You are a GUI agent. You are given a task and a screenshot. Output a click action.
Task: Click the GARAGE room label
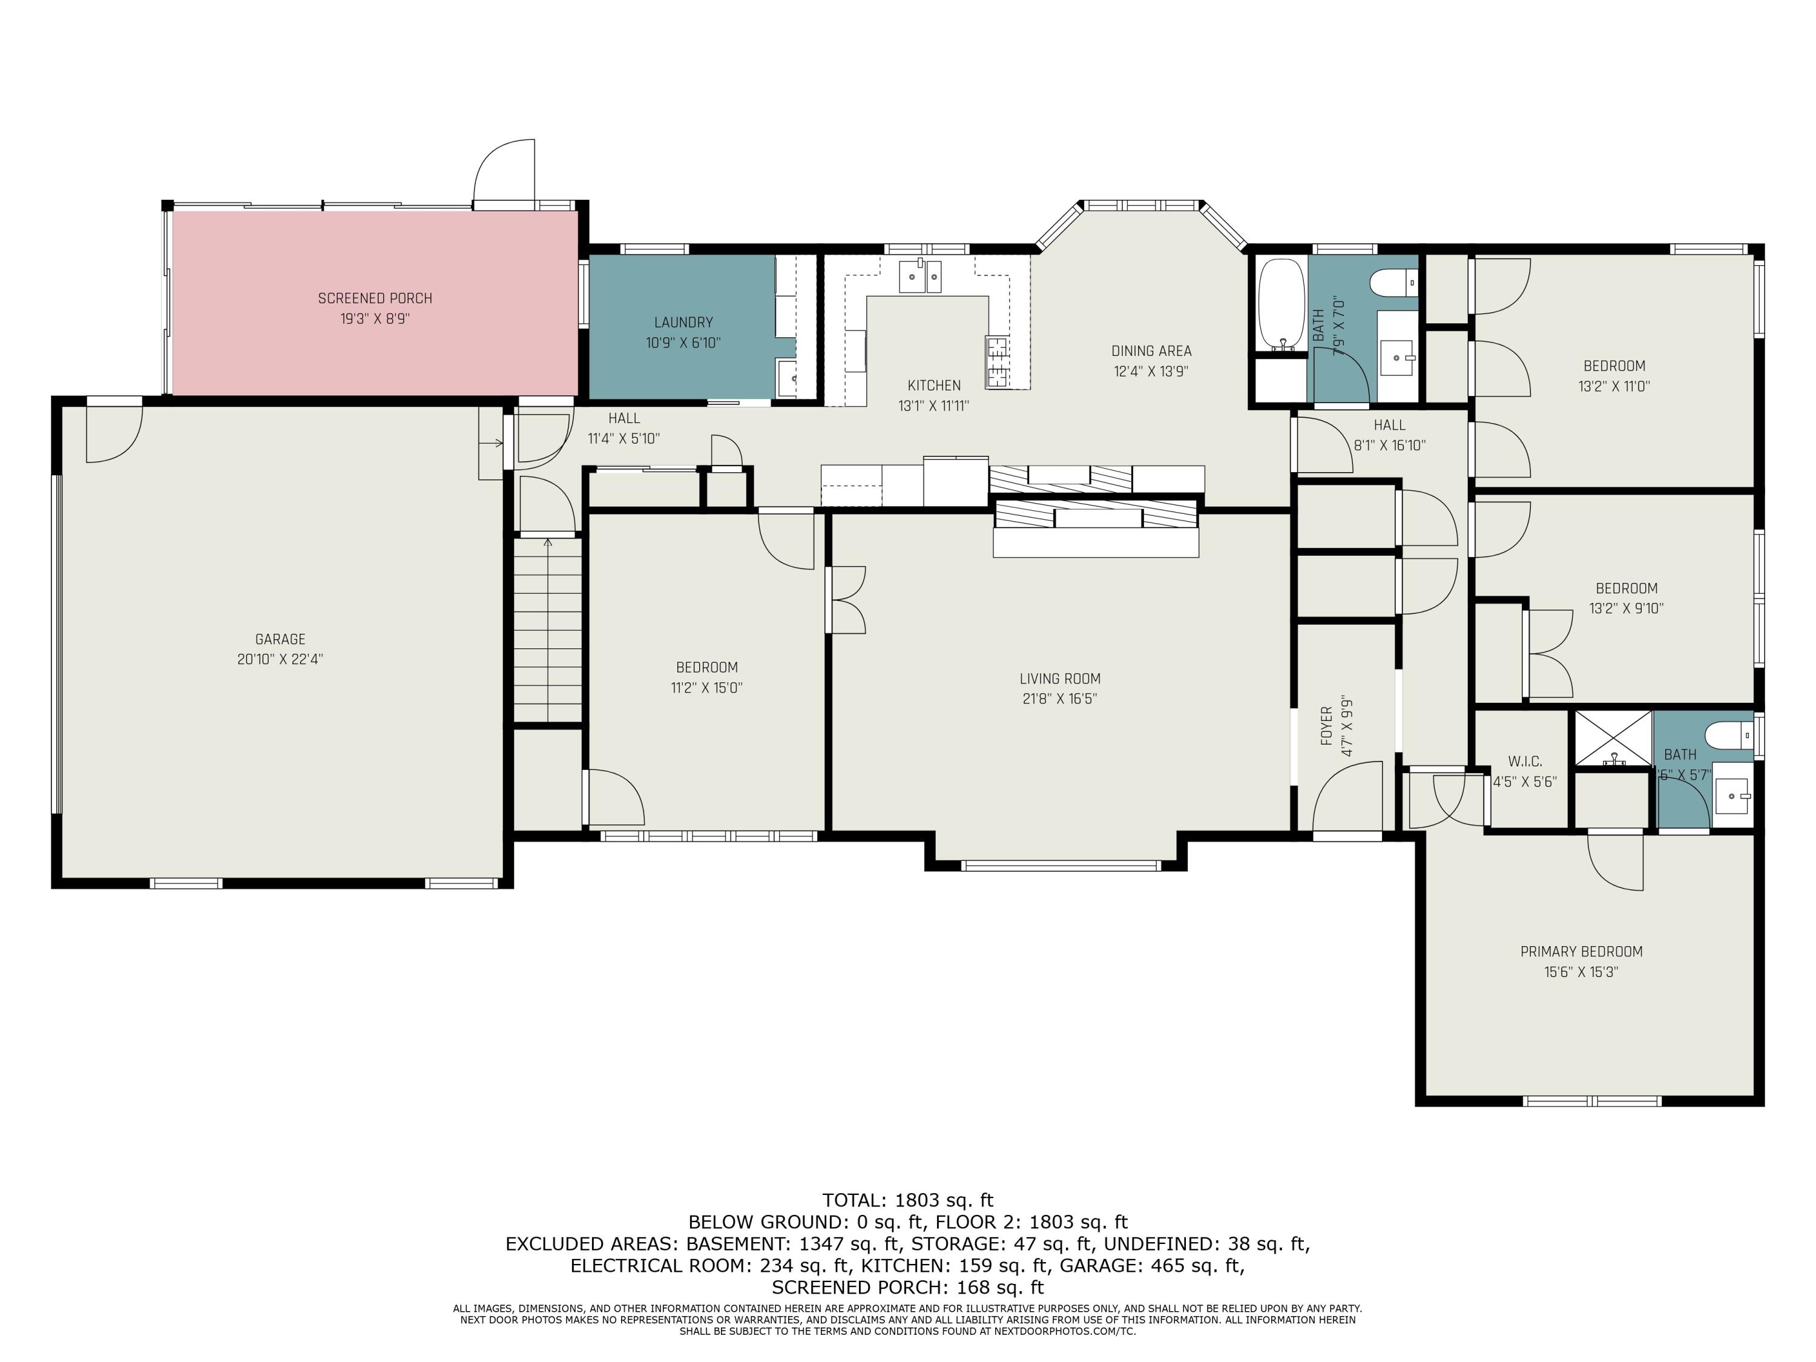click(x=280, y=639)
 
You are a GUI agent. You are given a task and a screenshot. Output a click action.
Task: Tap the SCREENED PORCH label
click(x=375, y=298)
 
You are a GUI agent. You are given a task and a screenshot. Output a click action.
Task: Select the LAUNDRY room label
click(x=683, y=323)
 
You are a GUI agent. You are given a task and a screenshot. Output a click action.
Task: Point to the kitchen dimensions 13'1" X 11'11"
click(x=933, y=406)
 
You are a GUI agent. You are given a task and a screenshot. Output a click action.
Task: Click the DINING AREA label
click(x=1151, y=350)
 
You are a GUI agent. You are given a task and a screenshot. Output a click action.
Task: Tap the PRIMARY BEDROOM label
click(x=1581, y=952)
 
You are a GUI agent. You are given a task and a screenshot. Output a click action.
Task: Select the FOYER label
click(x=1326, y=726)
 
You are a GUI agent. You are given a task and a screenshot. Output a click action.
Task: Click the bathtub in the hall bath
click(x=1281, y=304)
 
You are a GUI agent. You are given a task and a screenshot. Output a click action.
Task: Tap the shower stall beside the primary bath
click(x=1611, y=739)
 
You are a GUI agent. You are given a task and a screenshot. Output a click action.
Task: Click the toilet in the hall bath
click(x=1394, y=283)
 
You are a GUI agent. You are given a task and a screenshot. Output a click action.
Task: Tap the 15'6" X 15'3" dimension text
click(x=1581, y=972)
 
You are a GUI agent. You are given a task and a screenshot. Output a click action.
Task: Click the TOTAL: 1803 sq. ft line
click(x=908, y=1200)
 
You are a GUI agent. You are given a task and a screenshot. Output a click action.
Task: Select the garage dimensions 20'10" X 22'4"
click(x=280, y=659)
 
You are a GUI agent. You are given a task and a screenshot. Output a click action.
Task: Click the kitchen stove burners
click(x=998, y=362)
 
